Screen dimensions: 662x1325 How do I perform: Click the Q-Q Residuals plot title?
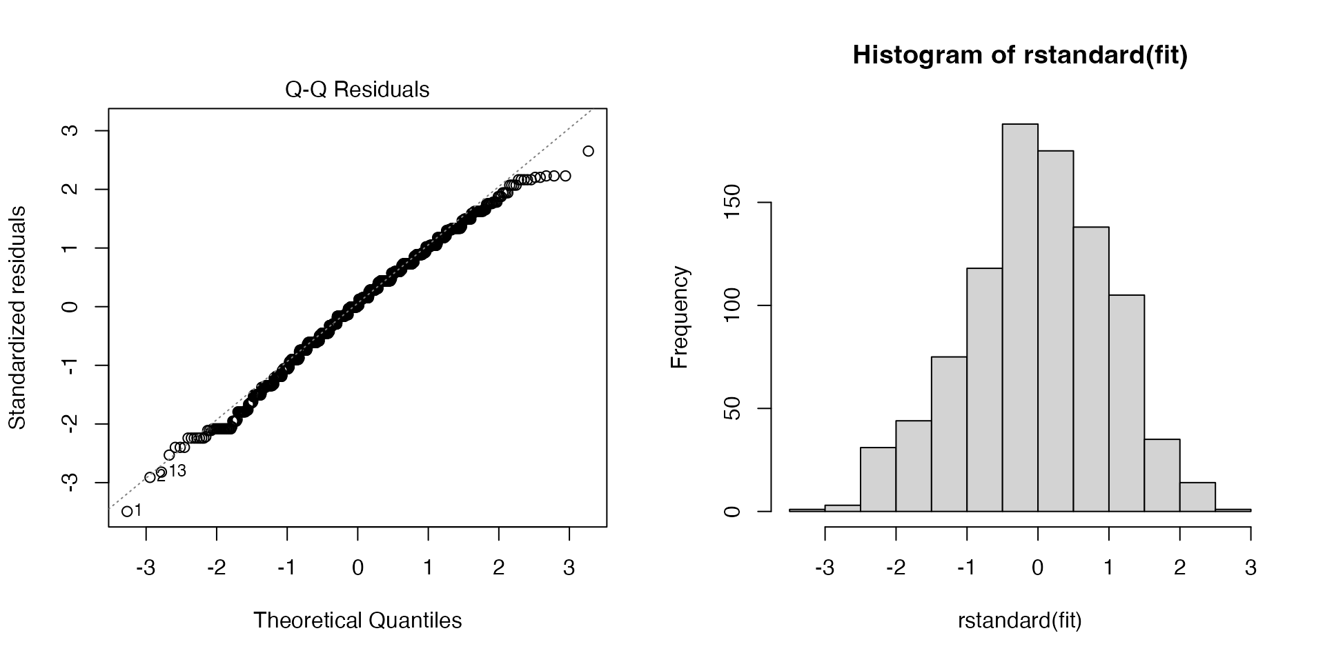[x=357, y=90]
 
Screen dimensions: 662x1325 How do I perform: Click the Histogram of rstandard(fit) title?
[x=1020, y=55]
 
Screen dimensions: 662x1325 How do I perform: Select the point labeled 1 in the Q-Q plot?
[x=127, y=511]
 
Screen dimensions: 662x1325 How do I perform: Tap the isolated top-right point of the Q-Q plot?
[x=588, y=151]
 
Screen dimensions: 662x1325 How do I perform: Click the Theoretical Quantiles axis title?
[x=357, y=620]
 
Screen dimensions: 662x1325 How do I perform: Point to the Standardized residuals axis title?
[x=17, y=317]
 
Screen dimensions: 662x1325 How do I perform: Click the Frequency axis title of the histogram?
[x=680, y=317]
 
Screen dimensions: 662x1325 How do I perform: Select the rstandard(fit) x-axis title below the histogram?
[x=1019, y=620]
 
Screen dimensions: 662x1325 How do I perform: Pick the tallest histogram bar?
[x=1020, y=317]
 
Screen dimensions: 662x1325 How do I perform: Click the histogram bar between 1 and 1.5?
[x=1126, y=403]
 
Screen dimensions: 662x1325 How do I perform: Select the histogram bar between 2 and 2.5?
[x=1197, y=497]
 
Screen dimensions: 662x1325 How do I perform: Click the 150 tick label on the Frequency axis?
[x=734, y=203]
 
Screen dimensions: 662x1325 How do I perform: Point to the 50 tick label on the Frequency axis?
[x=734, y=408]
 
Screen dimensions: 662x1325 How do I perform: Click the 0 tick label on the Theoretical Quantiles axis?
[x=357, y=568]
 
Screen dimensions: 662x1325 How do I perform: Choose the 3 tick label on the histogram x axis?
[x=1250, y=568]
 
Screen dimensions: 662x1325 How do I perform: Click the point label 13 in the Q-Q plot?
[x=177, y=471]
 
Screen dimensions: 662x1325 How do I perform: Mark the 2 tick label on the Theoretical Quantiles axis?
[x=498, y=568]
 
